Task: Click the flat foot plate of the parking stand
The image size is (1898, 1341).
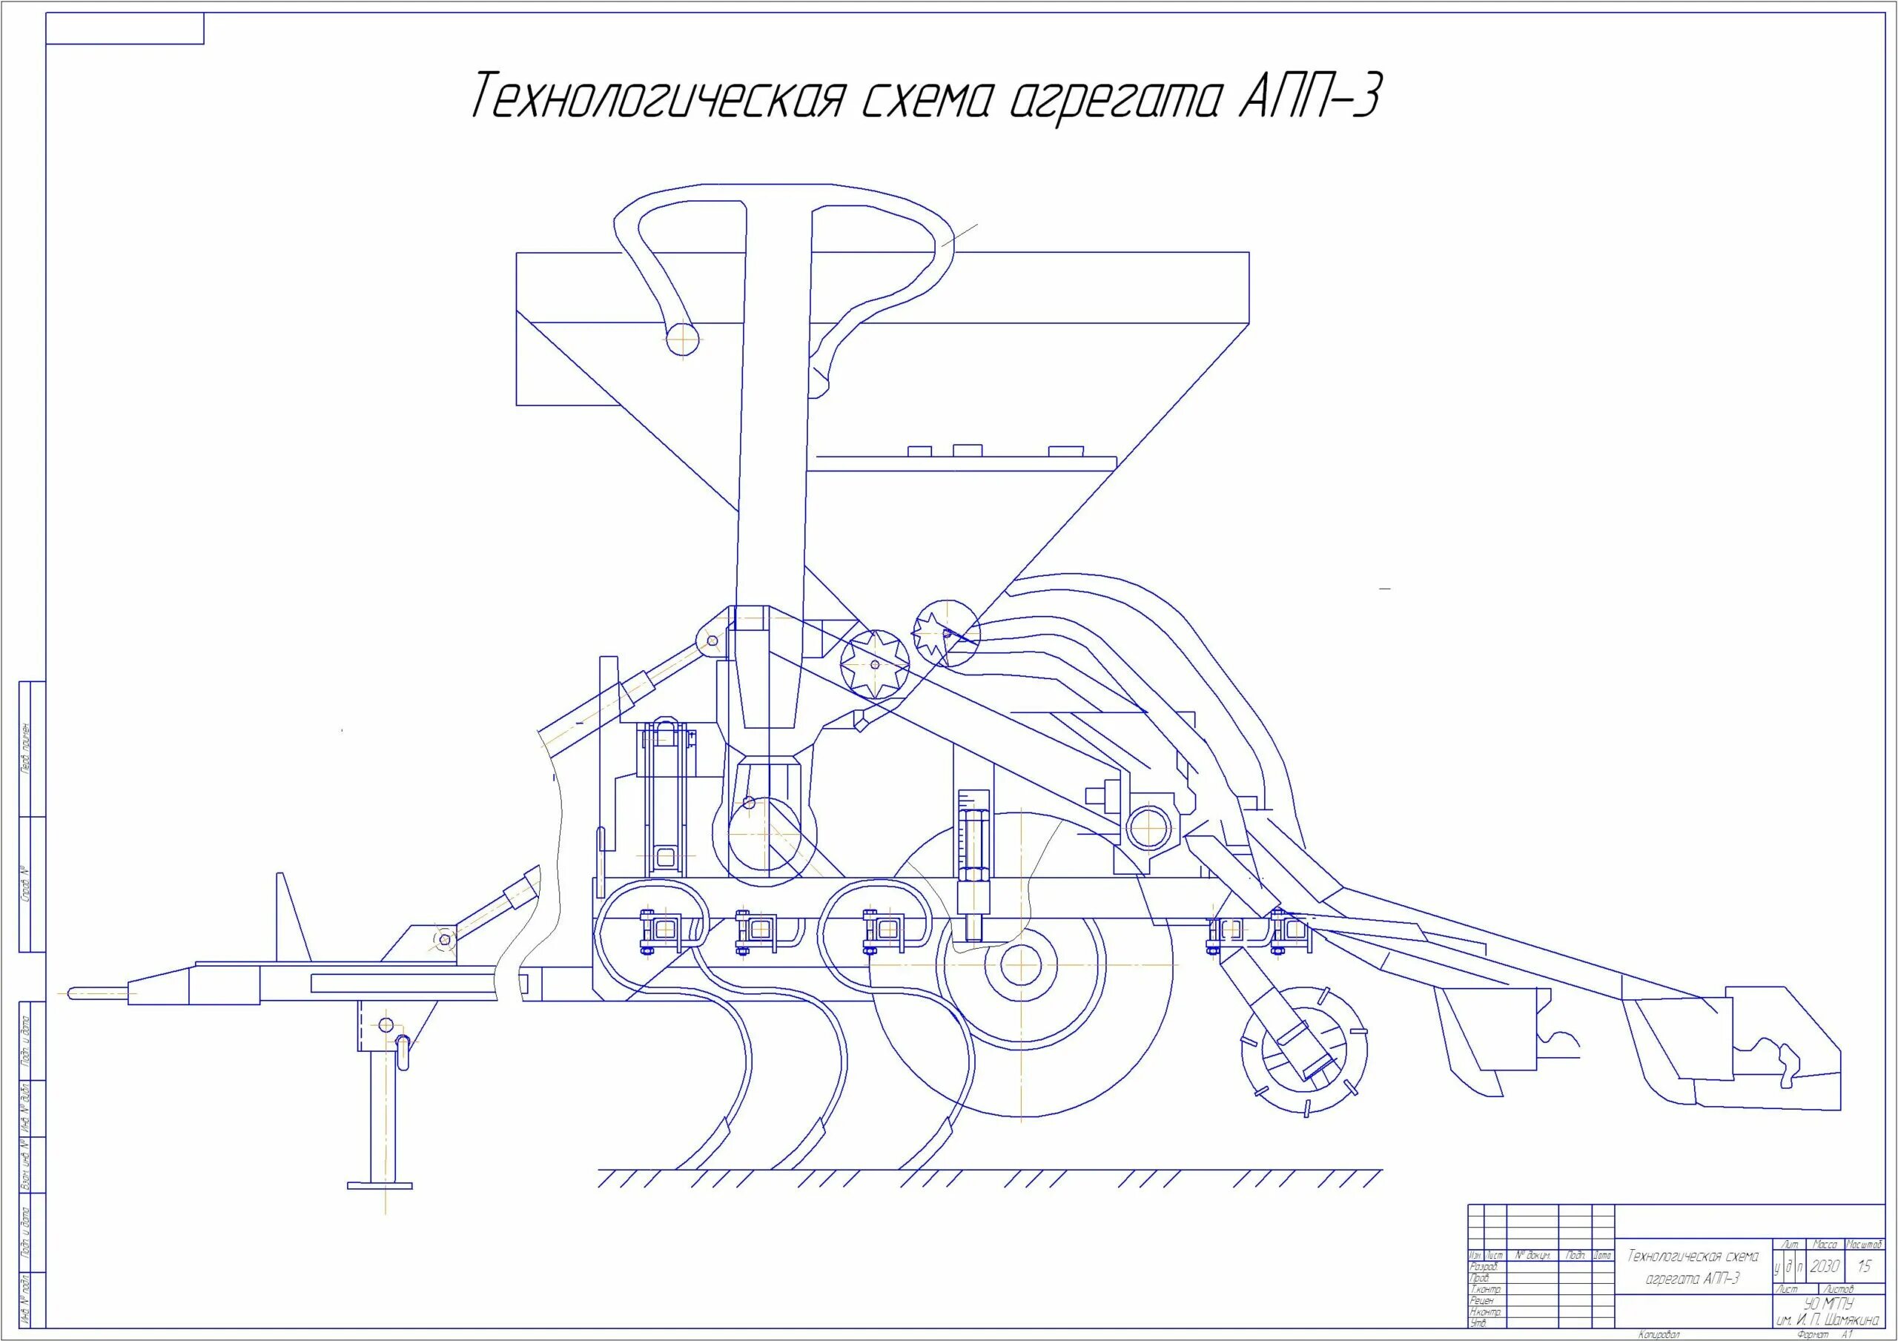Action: pyautogui.click(x=380, y=1185)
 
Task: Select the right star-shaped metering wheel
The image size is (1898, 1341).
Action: pyautogui.click(x=945, y=632)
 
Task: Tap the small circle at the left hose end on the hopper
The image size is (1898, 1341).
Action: pyautogui.click(x=684, y=338)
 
